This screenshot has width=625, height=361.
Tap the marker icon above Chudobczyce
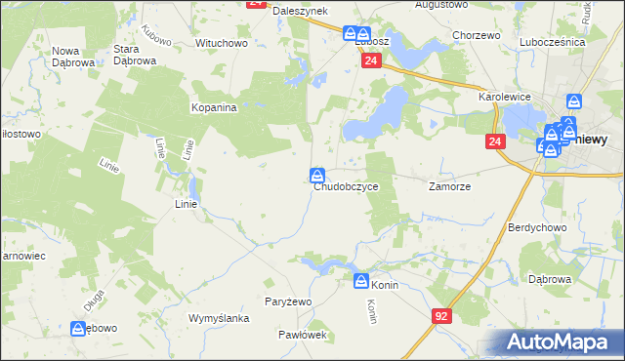pos(317,175)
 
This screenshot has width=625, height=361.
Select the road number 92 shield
pos(442,316)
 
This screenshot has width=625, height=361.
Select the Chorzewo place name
pos(478,35)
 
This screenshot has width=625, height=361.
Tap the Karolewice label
pos(503,99)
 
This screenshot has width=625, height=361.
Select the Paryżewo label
pos(288,301)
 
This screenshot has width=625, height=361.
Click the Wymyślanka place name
pos(220,319)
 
